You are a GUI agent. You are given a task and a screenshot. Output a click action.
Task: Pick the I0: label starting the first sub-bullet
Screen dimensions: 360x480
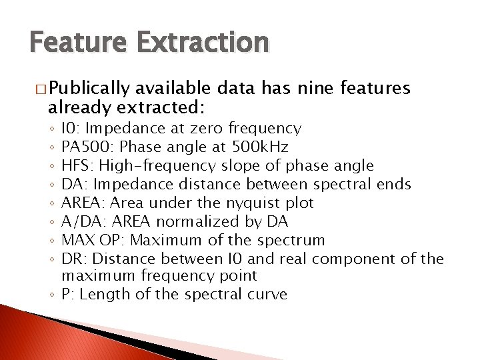point(71,128)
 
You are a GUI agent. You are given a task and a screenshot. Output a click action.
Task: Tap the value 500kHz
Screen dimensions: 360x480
point(261,147)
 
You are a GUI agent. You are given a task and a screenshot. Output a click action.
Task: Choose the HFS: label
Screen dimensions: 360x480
point(76,165)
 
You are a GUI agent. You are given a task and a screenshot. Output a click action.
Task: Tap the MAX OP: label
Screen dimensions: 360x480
point(90,240)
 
